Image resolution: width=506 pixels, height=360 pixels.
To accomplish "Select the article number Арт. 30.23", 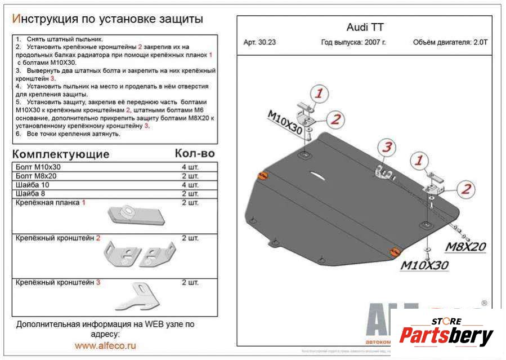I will [x=259, y=42].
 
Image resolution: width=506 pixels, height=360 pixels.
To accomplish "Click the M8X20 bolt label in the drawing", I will [x=466, y=246].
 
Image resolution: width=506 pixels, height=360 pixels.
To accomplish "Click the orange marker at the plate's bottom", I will [x=395, y=251].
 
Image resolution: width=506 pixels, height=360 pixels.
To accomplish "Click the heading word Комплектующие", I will [x=61, y=154].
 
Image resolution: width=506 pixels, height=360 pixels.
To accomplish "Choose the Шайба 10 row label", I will [x=33, y=185].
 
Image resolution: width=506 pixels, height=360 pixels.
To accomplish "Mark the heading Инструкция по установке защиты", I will [x=108, y=19].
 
